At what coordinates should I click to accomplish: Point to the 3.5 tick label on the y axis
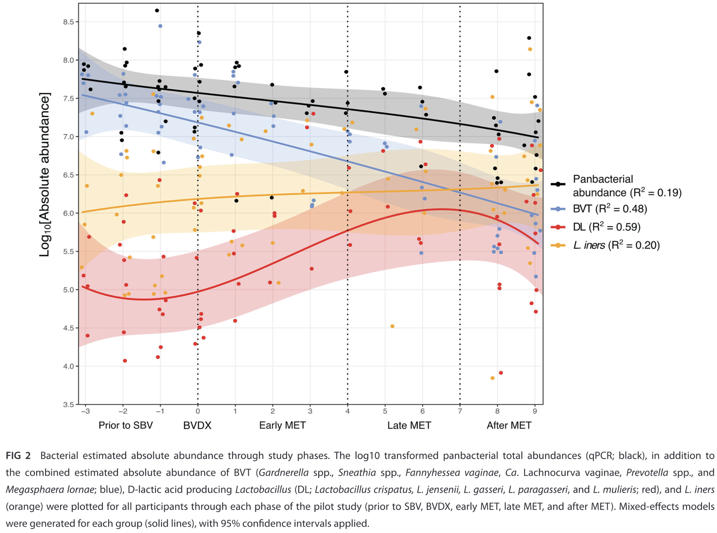tap(69, 405)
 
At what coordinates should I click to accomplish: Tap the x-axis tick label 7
tap(460, 411)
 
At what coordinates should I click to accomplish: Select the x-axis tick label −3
tap(85, 411)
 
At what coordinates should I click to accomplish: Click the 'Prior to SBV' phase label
tap(126, 425)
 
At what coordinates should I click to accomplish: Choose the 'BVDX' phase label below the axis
tap(197, 425)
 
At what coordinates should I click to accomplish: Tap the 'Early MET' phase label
tap(282, 425)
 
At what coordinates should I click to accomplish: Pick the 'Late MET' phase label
tap(409, 425)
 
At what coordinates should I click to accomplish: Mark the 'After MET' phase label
tap(509, 425)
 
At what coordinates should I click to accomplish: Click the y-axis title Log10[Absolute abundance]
tap(45, 175)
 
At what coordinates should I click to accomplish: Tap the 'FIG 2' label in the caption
tap(18, 456)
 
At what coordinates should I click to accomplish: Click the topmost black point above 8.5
tap(157, 11)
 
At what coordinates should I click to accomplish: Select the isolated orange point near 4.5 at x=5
tap(392, 326)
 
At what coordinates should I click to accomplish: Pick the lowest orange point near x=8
tap(492, 378)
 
